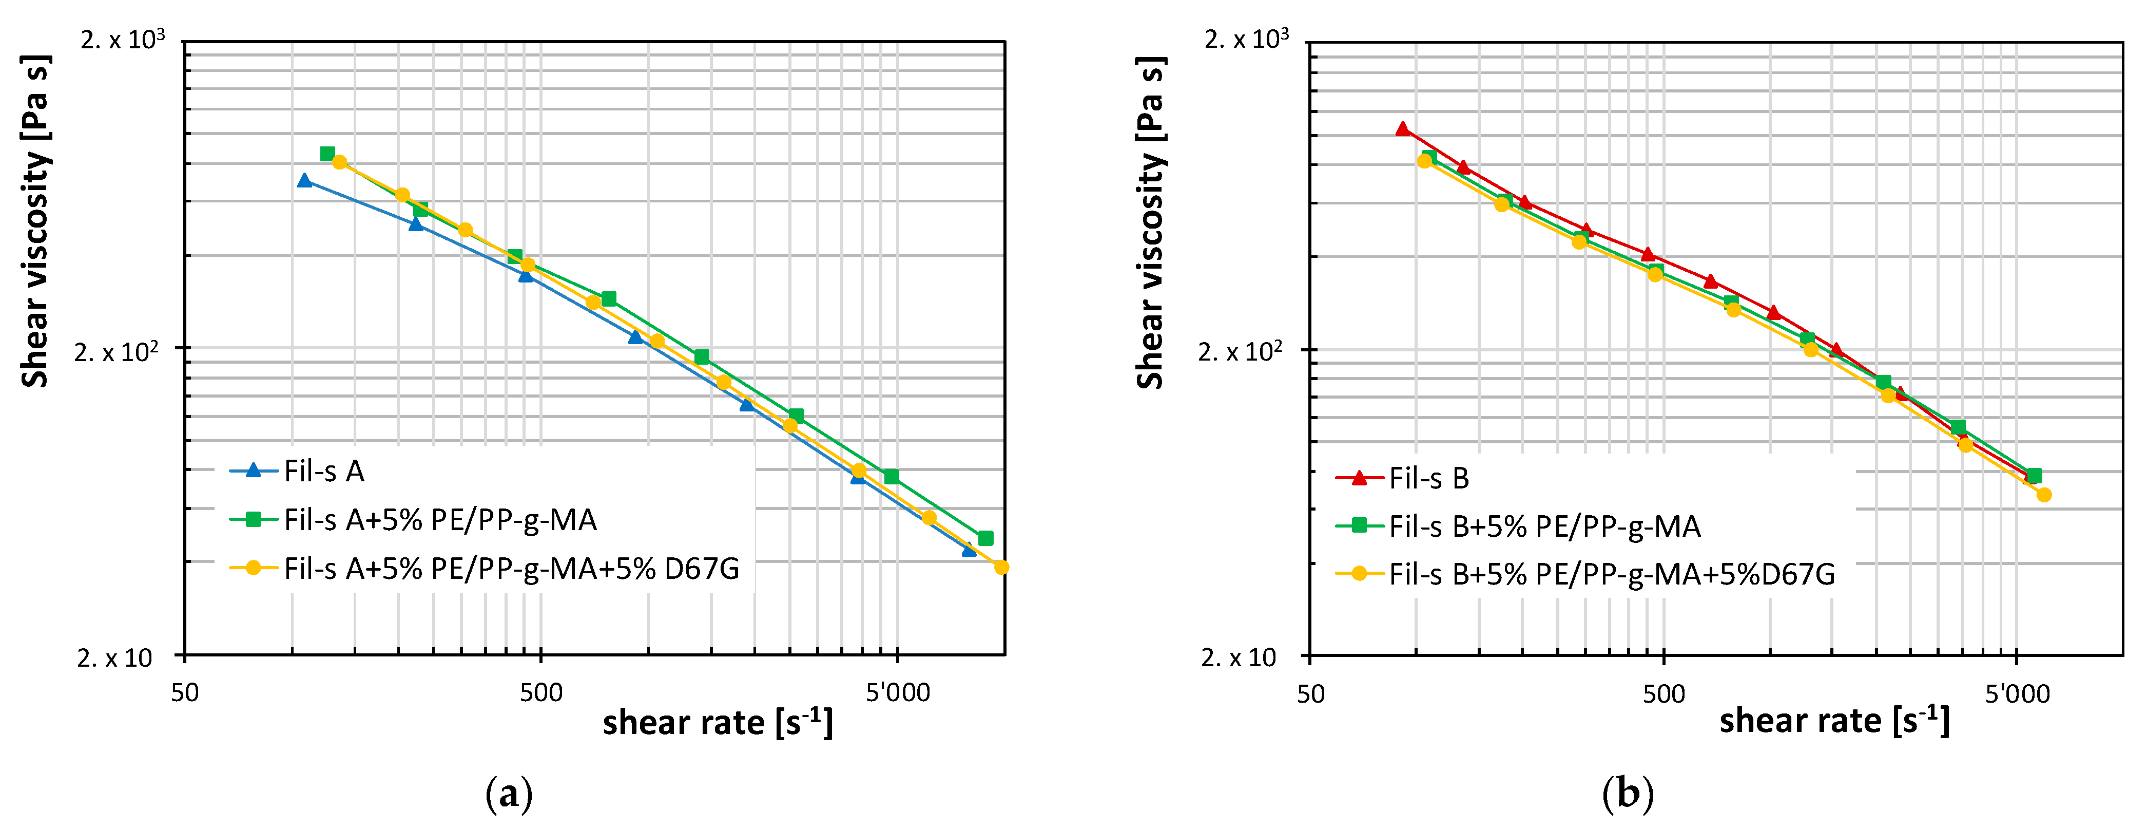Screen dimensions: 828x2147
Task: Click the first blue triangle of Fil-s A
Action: tap(304, 180)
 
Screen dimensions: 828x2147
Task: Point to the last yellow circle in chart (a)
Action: tap(1002, 567)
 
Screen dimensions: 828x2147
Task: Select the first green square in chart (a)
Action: tap(327, 154)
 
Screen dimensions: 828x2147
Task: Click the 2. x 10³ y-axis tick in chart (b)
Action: tap(1246, 39)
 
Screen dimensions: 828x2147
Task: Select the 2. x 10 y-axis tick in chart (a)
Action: tap(115, 658)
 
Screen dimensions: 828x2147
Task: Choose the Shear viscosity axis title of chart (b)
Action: tap(1150, 222)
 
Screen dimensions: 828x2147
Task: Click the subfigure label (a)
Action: tap(509, 794)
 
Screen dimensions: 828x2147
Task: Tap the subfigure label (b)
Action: tap(1628, 794)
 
